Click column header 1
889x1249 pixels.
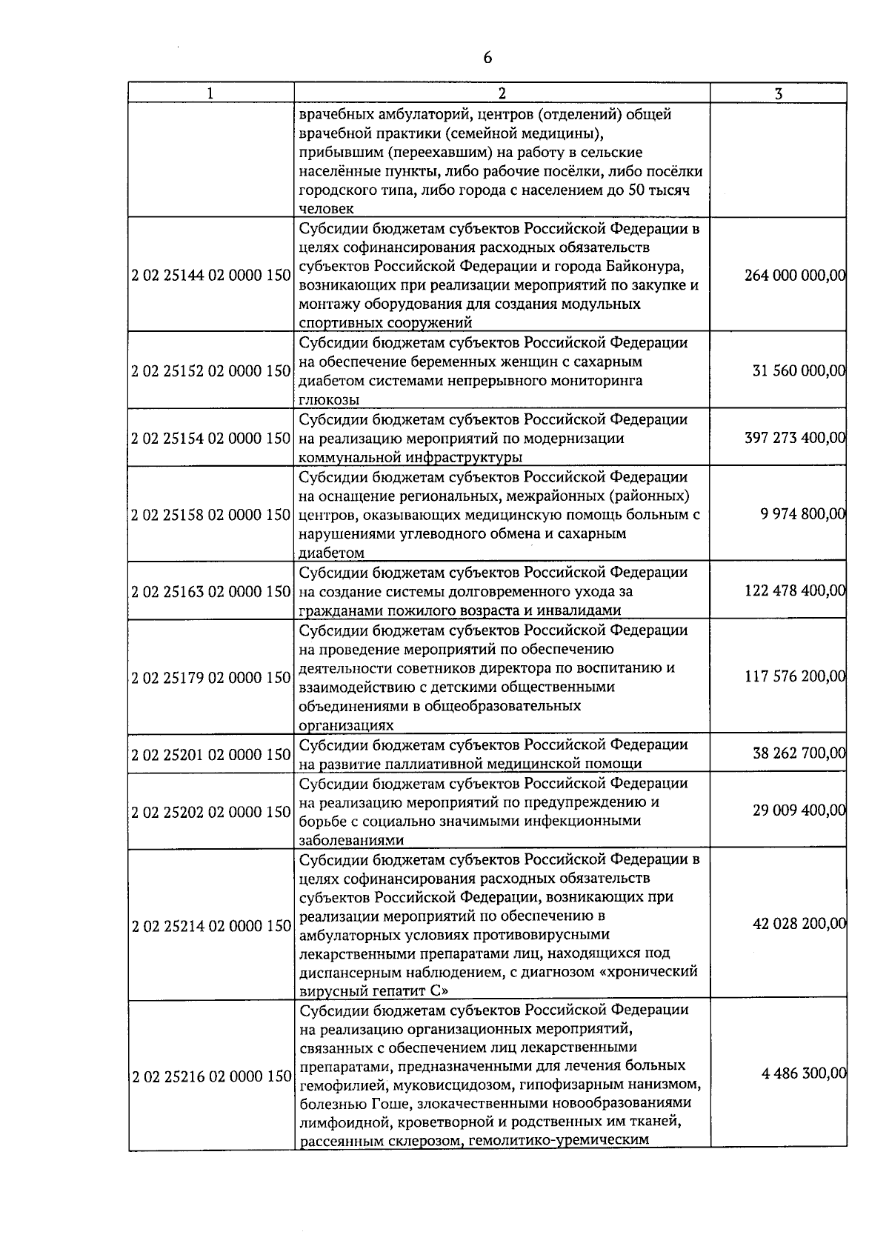211,93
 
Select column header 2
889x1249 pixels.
502,93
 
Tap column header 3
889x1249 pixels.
778,93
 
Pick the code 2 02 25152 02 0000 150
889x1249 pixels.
211,371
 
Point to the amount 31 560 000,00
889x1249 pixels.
799,371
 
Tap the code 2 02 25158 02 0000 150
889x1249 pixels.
211,515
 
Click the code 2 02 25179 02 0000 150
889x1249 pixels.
211,677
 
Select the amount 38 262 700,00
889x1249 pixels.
799,754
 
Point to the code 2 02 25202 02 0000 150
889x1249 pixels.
211,812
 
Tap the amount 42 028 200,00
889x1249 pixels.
799,924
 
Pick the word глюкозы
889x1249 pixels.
329,400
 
